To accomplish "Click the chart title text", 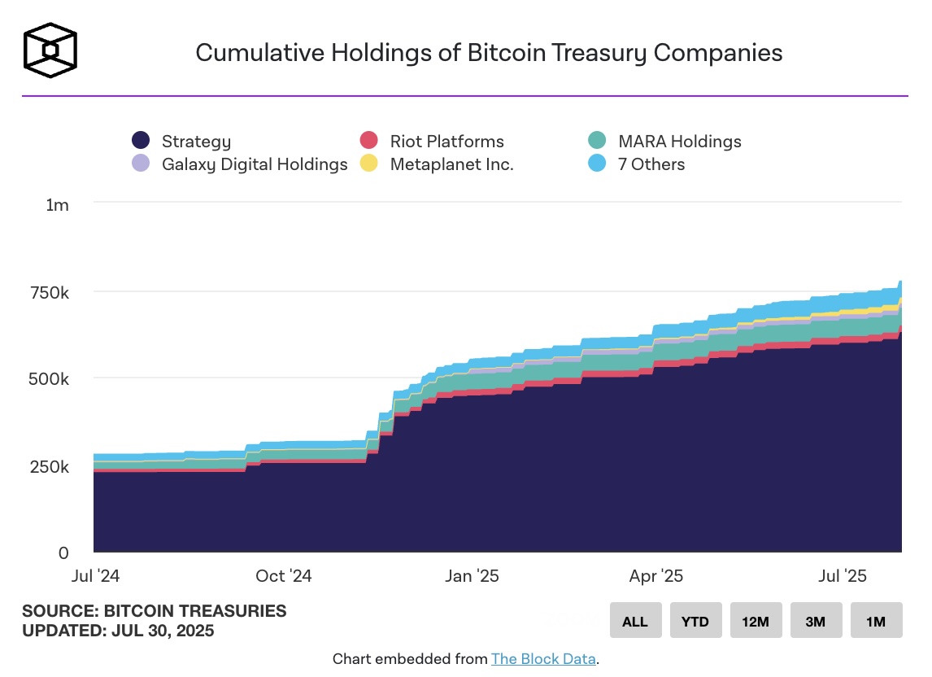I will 489,53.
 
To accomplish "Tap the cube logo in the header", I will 50,50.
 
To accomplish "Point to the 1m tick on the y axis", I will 58,204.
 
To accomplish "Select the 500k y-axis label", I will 50,378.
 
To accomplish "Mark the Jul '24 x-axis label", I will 96,576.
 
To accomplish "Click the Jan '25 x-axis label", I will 473,576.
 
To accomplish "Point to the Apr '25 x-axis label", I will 656,576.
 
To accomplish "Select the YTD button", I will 695,621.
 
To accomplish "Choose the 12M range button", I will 756,621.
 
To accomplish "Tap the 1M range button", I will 876,621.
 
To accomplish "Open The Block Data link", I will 542,658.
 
